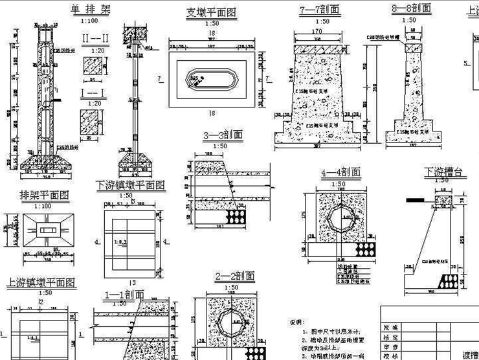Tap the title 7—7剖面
pos(319,10)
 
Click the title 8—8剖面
pos(412,9)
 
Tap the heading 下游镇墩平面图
pos(129,185)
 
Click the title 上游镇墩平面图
pos(41,282)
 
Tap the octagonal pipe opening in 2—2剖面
pos(234,320)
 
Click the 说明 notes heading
pos(295,321)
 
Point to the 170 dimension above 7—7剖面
pos(317,32)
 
